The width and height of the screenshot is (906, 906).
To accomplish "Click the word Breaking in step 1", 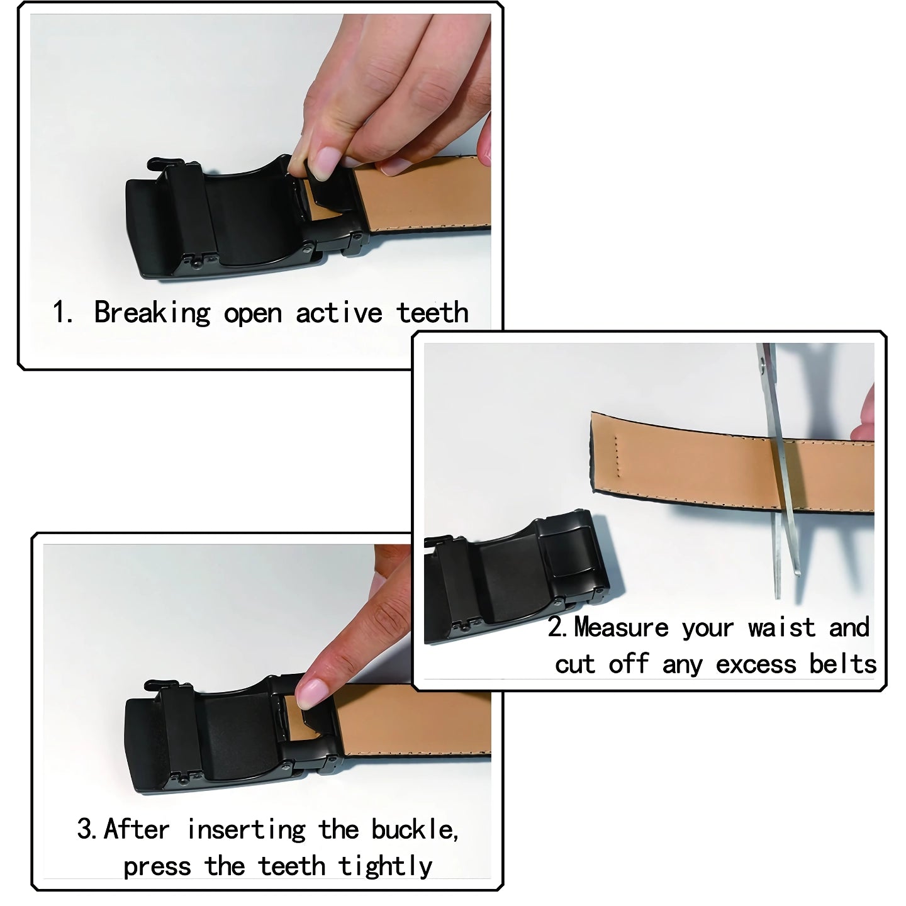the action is click(x=152, y=313).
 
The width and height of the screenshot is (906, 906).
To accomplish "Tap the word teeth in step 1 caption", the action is click(x=432, y=313).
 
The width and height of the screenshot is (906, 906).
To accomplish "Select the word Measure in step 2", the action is click(x=621, y=628).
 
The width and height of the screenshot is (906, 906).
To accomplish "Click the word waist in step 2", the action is click(x=782, y=628).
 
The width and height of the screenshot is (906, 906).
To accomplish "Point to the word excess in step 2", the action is click(x=756, y=665).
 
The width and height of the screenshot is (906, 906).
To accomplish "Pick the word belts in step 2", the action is click(x=842, y=664).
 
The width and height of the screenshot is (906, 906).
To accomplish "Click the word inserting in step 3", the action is click(x=247, y=830).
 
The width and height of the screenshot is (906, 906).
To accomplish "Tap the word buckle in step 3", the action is click(x=413, y=829).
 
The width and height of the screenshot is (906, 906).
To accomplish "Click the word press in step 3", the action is click(x=157, y=868).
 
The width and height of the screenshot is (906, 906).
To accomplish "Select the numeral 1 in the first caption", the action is click(x=60, y=313).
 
